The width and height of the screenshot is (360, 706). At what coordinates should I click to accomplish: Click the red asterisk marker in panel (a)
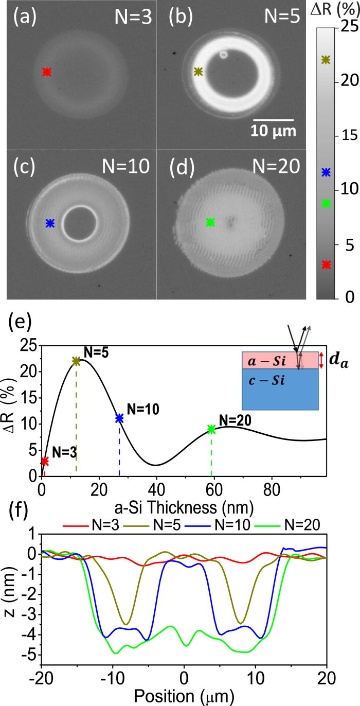47,73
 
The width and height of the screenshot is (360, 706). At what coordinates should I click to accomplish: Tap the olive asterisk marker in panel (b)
198,72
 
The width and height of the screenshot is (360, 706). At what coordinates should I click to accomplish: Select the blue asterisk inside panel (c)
50,223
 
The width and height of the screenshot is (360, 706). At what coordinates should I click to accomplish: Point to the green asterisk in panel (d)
210,222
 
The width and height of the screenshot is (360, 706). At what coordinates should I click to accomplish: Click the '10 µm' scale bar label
273,131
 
